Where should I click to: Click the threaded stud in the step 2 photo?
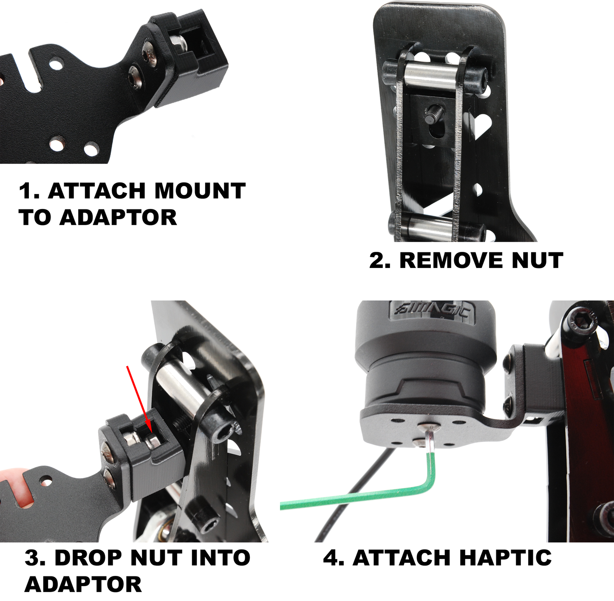(433, 113)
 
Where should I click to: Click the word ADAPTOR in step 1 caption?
(118, 217)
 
